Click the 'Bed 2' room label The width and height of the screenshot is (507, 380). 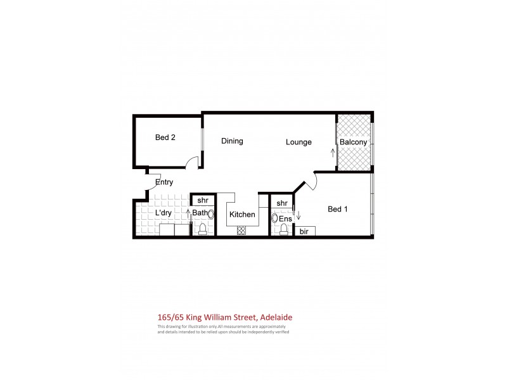pos(165,137)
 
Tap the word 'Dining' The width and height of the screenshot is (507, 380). pos(232,141)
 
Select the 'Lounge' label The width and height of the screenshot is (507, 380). pos(298,142)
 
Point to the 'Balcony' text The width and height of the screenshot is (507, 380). pos(353,142)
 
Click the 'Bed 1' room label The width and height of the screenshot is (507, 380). pos(337,209)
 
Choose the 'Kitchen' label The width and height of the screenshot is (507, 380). pos(241,214)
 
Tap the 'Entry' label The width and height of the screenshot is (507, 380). pos(164,182)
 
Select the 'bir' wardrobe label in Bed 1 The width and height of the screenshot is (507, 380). pos(304,232)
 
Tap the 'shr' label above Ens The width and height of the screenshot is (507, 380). pos(282,203)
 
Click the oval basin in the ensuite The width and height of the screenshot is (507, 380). pos(275,218)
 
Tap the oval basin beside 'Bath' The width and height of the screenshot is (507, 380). pos(211,214)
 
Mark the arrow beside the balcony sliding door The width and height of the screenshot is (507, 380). pos(332,152)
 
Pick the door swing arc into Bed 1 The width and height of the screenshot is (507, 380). pos(307,182)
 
